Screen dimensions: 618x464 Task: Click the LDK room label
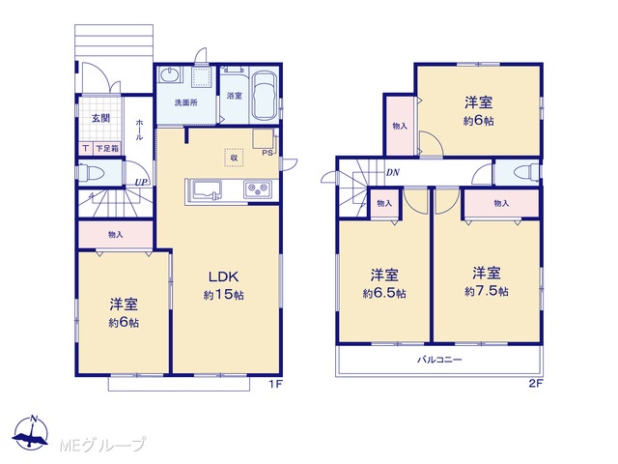coord(223,276)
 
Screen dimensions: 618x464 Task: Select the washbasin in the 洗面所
coord(170,74)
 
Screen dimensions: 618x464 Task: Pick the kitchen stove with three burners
coord(258,189)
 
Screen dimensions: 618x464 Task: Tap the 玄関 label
coord(100,118)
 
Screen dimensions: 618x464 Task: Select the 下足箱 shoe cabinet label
coord(107,149)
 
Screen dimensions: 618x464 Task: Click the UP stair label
coord(141,183)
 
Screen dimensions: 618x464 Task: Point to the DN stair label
coord(393,172)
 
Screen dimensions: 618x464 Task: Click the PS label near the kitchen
coord(267,153)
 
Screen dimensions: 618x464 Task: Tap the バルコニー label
coord(439,360)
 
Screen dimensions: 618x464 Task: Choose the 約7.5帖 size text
coord(487,292)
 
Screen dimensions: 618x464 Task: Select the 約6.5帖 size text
coord(384,294)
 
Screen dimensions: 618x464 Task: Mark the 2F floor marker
coord(536,383)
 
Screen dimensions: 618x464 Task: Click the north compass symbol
coord(30,432)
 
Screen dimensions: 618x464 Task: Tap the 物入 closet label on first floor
coord(116,235)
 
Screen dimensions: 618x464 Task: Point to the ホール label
coord(139,130)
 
